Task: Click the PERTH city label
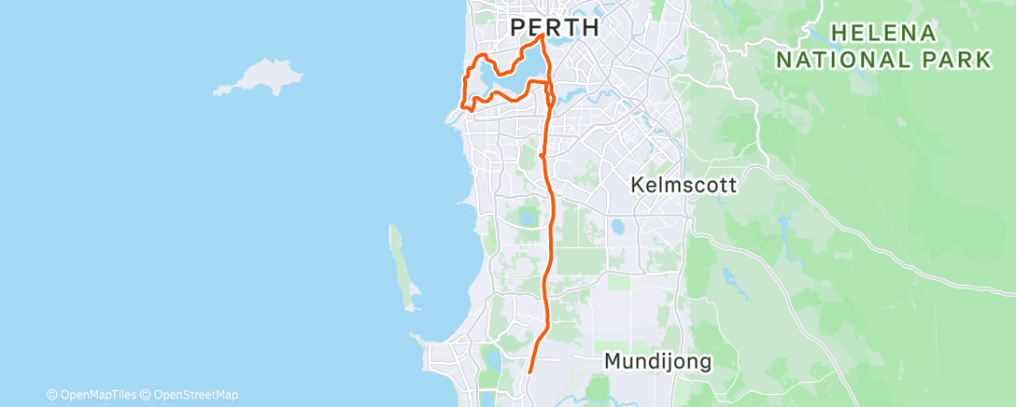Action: pos(555,28)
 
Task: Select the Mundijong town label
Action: pos(658,360)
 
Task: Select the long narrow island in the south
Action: pos(401,266)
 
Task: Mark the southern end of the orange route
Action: pos(529,372)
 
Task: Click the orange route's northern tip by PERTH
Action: pos(543,36)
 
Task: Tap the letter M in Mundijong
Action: pos(613,360)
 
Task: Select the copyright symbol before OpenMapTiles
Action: pos(51,395)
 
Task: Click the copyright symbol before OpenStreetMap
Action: pos(146,395)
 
